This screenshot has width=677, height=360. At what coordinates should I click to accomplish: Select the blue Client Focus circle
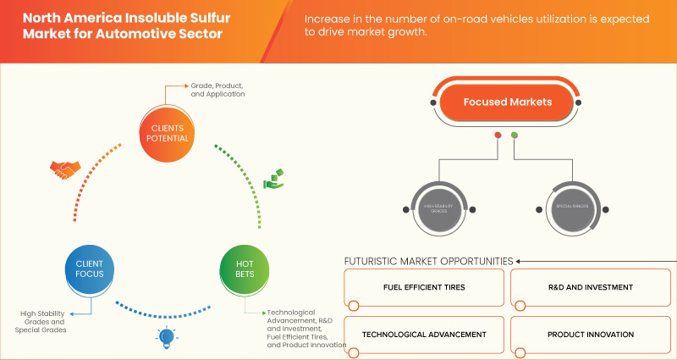pyautogui.click(x=90, y=269)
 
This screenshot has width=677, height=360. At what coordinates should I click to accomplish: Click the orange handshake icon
pyautogui.click(x=63, y=169)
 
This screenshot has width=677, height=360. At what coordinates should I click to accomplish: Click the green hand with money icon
pyautogui.click(x=272, y=179)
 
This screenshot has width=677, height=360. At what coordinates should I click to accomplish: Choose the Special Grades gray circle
pyautogui.click(x=568, y=206)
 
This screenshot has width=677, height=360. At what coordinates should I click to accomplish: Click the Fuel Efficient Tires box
pyautogui.click(x=425, y=288)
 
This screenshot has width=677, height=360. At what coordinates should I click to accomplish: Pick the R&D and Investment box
pyautogui.click(x=590, y=288)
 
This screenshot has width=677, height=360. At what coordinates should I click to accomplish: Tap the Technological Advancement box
pyautogui.click(x=425, y=335)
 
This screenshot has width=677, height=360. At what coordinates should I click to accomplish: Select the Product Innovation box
pyautogui.click(x=590, y=335)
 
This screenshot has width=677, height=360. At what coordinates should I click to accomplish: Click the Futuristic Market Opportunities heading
pyautogui.click(x=427, y=261)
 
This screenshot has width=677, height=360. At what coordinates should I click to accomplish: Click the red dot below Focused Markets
pyautogui.click(x=498, y=135)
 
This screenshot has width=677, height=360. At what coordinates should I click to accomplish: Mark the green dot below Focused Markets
pyautogui.click(x=514, y=135)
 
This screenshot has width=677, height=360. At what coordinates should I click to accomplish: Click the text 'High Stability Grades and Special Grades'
pyautogui.click(x=41, y=323)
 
